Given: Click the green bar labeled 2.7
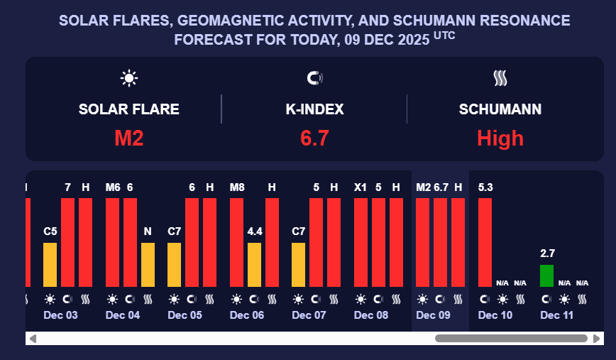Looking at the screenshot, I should click(546, 276).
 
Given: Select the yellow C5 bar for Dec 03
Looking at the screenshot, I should click(50, 264).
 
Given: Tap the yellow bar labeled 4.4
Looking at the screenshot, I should click(254, 264).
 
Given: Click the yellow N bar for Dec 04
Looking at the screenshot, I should click(148, 264).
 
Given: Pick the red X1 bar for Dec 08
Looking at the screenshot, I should click(361, 241).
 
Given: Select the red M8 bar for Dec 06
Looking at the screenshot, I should click(237, 241).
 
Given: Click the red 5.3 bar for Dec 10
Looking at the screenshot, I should click(485, 241).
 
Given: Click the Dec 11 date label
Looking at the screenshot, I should click(557, 315).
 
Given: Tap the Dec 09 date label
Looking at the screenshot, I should click(433, 315).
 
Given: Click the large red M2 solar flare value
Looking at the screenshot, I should click(129, 138).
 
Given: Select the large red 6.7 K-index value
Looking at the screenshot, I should click(314, 138).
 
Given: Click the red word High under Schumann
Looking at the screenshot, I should click(500, 138).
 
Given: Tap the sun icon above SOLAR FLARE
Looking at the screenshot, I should click(129, 78).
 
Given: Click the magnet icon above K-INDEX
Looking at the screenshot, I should click(314, 78).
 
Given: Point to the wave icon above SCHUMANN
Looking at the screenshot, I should click(500, 78).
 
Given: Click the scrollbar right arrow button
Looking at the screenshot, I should click(597, 339).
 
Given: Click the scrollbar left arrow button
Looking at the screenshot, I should click(33, 339).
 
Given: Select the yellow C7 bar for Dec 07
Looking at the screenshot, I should click(299, 264).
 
